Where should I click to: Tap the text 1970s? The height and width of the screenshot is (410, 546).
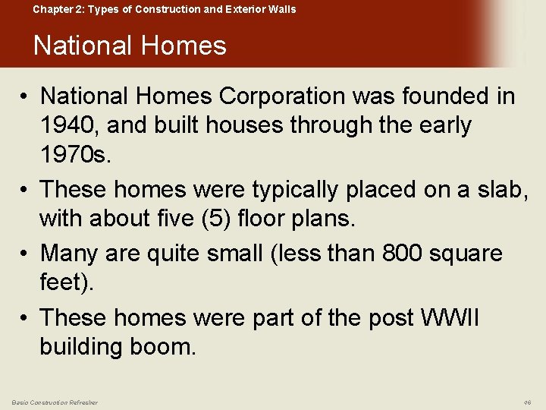tap(77, 156)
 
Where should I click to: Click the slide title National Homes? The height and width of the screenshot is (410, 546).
tap(130, 46)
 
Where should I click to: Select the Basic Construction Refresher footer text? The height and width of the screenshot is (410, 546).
tap(54, 402)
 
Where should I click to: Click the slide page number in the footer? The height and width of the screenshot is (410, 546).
tap(527, 402)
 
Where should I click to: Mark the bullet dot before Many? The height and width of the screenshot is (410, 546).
tap(27, 252)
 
